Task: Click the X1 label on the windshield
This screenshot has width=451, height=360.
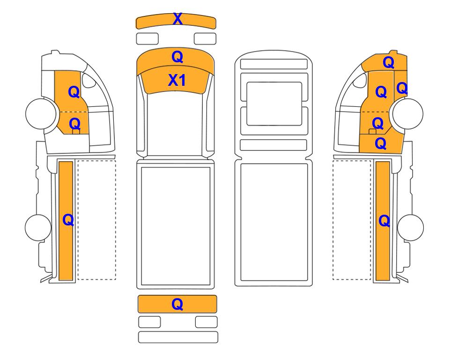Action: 177,80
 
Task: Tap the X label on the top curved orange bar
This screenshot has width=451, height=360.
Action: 178,19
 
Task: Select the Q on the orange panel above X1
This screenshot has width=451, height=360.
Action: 177,57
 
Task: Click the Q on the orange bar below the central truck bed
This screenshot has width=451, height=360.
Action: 177,304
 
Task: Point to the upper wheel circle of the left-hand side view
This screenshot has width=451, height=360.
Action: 41,113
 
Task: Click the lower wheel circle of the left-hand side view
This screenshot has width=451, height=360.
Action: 38,227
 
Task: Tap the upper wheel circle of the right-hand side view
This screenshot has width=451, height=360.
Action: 408,113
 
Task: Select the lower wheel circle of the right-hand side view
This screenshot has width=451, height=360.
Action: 410,227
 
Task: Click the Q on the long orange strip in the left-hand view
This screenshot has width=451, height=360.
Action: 68,220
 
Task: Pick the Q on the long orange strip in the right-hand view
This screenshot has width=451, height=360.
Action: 384,221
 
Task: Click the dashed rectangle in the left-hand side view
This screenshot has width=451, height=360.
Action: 96,220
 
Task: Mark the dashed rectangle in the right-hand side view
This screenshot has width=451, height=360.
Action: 352,220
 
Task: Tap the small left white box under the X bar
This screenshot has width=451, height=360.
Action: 147,38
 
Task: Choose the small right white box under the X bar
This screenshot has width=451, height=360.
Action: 205,38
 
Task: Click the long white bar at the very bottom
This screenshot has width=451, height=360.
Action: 178,337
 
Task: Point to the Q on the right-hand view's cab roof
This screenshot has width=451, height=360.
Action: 388,62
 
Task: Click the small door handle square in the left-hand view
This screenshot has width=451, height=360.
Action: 76,132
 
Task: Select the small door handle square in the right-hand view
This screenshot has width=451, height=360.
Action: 372,132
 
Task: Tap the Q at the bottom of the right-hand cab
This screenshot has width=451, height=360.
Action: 381,143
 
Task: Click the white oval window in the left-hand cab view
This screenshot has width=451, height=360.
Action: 89,80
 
